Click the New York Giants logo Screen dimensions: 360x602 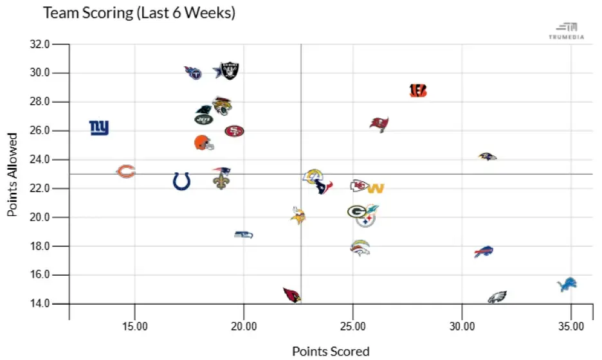[x=99, y=128]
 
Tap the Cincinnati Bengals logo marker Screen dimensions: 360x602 [x=418, y=91]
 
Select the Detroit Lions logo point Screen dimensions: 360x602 [x=567, y=284]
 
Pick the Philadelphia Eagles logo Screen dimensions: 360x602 [x=497, y=297]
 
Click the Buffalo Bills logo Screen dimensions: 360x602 [x=483, y=252]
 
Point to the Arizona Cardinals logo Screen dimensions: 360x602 [x=292, y=295]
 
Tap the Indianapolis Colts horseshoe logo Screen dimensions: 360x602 [x=181, y=181]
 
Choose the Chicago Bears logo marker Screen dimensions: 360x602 [x=125, y=172]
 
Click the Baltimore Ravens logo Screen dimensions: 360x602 [x=488, y=156]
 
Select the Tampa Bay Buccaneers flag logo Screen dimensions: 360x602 [x=379, y=124]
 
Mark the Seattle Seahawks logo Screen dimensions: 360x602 [x=243, y=235]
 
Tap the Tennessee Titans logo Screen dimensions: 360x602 [x=192, y=72]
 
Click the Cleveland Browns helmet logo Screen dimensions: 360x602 [x=203, y=143]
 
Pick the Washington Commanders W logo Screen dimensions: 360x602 [x=376, y=188]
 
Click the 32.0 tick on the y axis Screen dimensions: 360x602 [x=41, y=44]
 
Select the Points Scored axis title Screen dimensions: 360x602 [x=331, y=351]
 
